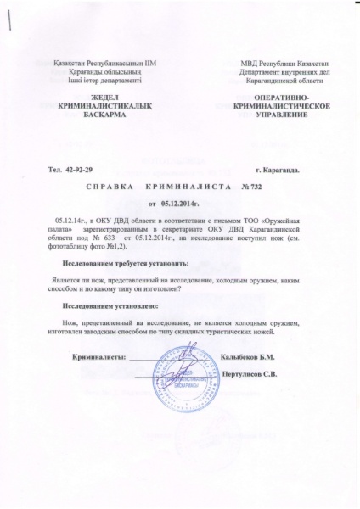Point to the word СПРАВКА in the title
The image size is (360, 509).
click(x=111, y=185)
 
